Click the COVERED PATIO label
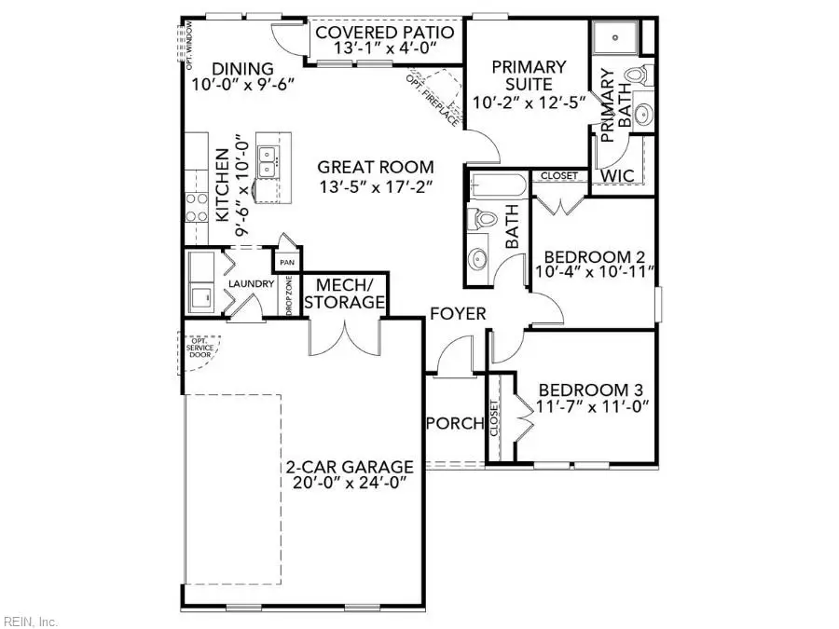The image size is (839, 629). tap(385, 33)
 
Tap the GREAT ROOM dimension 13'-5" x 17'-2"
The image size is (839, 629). tap(376, 185)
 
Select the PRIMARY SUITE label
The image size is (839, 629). tap(529, 75)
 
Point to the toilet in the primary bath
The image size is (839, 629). tap(638, 75)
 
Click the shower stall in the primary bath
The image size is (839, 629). tap(615, 39)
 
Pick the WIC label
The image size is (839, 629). tap(617, 174)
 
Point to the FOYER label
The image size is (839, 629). tap(457, 314)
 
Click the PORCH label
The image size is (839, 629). tap(455, 423)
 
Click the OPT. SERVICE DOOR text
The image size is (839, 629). tap(199, 348)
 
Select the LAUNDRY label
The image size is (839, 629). tap(252, 284)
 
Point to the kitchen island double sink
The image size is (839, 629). tap(267, 159)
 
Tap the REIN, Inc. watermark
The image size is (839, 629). tap(31, 621)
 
